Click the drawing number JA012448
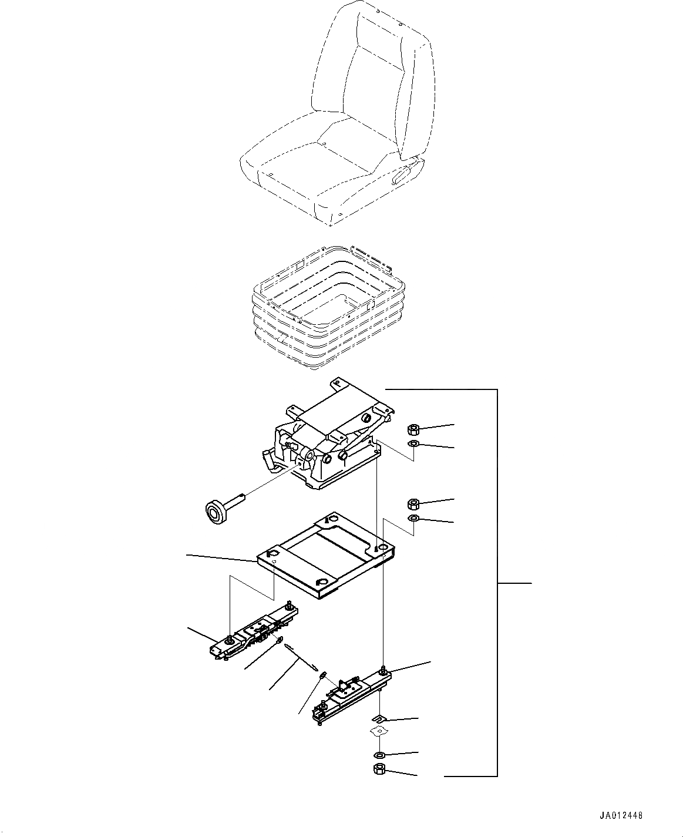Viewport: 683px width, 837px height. click(621, 816)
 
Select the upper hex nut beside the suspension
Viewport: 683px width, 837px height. click(412, 429)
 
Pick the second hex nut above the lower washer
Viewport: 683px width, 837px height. click(412, 503)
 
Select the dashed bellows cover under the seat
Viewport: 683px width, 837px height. click(326, 308)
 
